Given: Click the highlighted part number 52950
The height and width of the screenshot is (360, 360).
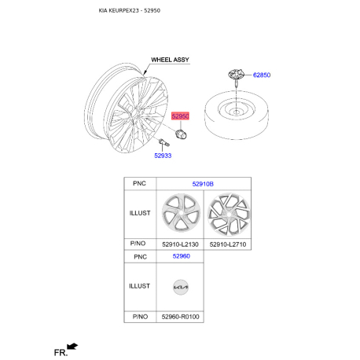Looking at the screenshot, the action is pyautogui.click(x=180, y=116).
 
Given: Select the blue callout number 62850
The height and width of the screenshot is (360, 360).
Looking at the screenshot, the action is pyautogui.click(x=262, y=75).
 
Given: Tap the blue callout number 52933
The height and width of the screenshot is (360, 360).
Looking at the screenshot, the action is pyautogui.click(x=163, y=156).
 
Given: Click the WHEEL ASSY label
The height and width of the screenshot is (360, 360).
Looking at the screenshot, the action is pyautogui.click(x=170, y=60).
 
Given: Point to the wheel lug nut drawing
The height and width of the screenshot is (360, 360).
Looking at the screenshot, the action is pyautogui.click(x=181, y=134).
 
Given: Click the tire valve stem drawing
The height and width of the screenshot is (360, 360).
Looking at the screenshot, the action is pyautogui.click(x=164, y=142).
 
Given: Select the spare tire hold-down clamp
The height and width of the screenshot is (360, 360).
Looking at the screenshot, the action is pyautogui.click(x=236, y=75).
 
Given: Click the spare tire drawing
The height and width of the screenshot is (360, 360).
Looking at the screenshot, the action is pyautogui.click(x=237, y=115).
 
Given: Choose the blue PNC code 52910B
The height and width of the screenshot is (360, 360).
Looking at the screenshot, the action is pyautogui.click(x=203, y=184).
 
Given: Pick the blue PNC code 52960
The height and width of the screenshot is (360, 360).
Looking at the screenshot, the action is pyautogui.click(x=182, y=256).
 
